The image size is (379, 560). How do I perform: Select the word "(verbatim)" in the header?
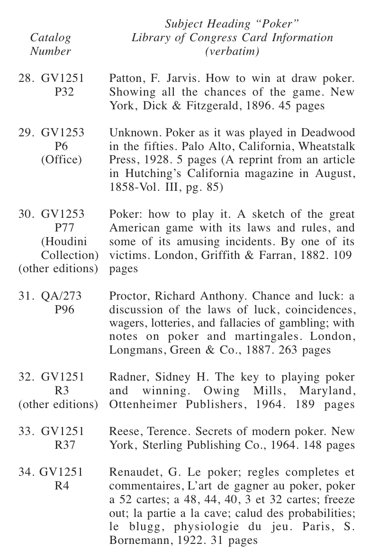(x=232, y=51)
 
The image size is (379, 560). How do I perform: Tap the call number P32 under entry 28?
(x=64, y=92)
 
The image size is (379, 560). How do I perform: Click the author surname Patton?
(x=124, y=78)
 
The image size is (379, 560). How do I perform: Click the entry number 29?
(x=25, y=133)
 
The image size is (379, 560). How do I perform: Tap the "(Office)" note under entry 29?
(x=62, y=160)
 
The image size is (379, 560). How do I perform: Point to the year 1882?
(x=319, y=255)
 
